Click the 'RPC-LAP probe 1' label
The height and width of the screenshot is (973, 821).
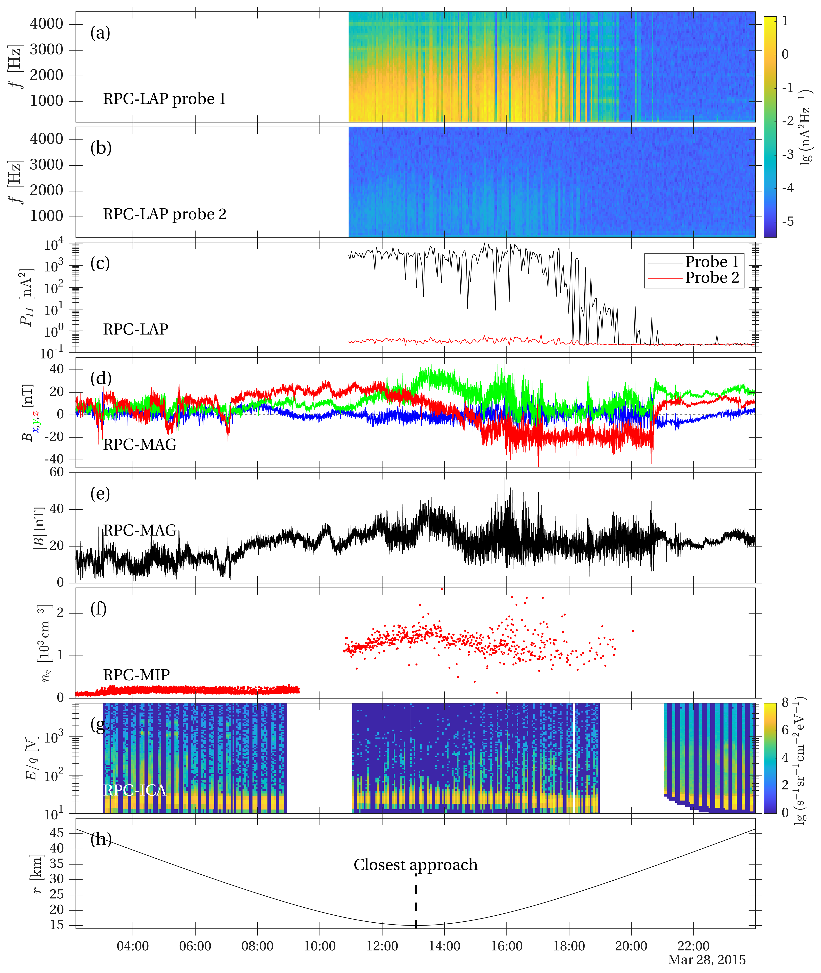tap(164, 99)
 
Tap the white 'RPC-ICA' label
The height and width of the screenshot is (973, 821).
tap(135, 790)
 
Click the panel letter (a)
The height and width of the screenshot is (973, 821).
tap(100, 33)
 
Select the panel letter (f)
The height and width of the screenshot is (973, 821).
tap(98, 609)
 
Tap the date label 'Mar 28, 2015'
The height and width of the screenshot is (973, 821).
tap(707, 960)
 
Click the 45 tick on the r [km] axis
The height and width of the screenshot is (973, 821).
tap(57, 833)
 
